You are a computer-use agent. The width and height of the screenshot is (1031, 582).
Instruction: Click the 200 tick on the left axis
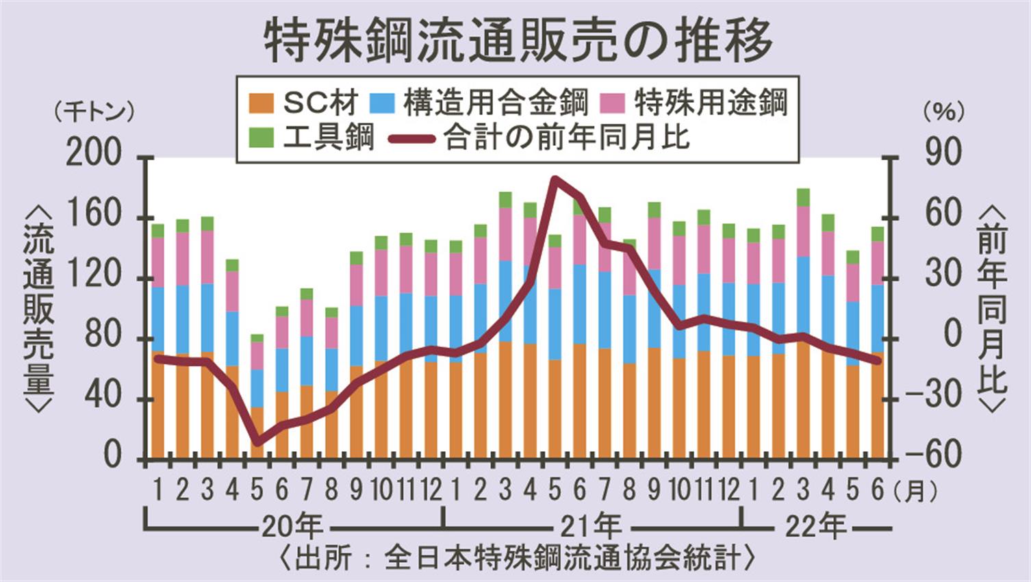tap(103, 156)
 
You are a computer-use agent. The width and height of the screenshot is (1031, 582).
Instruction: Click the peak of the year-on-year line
tap(555, 179)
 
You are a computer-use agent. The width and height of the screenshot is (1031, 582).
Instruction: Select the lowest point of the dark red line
tap(257, 442)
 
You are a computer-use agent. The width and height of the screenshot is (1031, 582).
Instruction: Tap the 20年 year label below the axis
tap(291, 527)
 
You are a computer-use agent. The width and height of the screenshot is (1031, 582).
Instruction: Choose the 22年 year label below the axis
tap(815, 527)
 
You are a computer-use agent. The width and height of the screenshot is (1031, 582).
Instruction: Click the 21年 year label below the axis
tap(590, 527)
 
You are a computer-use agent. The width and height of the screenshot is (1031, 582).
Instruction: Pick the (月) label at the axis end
tap(915, 491)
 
